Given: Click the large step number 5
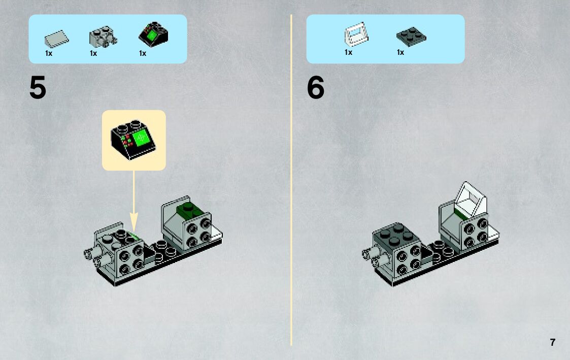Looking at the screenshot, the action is (38, 88).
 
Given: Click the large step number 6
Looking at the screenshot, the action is (316, 88).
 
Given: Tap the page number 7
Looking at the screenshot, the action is (553, 342).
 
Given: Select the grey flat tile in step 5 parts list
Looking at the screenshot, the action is (56, 39).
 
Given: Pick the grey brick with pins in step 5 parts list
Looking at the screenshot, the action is (103, 37).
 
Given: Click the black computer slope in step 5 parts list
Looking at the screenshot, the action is (153, 34).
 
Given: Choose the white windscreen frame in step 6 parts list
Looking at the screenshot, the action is (356, 34).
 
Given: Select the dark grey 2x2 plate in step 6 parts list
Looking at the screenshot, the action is (411, 37).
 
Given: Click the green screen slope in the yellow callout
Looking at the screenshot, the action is (133, 139).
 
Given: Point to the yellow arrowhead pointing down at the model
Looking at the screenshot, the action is (134, 221).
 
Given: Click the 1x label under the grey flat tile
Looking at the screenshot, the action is (49, 53).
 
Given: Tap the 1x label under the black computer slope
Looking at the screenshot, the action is (143, 53).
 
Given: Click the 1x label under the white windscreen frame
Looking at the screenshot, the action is (348, 52).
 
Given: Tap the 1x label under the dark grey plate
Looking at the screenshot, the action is (400, 52).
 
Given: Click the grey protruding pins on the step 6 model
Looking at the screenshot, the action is (375, 254).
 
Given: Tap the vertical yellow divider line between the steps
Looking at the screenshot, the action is (291, 180).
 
